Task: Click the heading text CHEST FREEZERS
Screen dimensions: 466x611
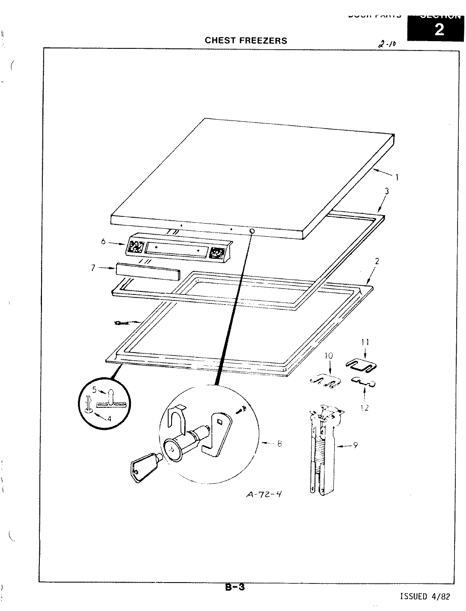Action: tap(246, 41)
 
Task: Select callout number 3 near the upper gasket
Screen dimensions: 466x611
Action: tap(386, 191)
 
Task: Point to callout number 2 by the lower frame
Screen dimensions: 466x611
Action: tap(377, 261)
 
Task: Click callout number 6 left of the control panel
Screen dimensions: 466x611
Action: tap(103, 242)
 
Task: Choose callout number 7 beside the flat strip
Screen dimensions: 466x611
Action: tap(94, 268)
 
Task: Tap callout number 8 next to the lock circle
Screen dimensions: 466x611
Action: tap(279, 444)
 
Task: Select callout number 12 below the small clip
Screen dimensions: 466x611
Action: tap(365, 408)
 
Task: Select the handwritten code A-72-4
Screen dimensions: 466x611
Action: tap(264, 495)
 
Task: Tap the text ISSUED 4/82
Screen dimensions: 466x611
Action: tap(425, 597)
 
